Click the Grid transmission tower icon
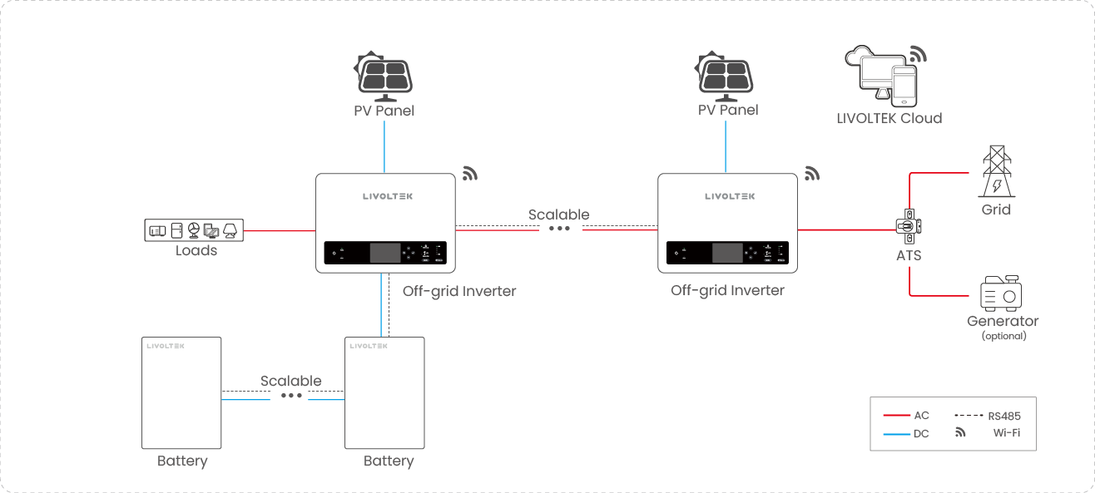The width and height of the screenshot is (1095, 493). [x=996, y=171]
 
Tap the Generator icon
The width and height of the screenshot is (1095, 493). [x=1001, y=293]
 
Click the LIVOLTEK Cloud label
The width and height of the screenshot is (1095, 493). [x=889, y=118]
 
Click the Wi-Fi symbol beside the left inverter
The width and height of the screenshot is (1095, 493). [x=471, y=173]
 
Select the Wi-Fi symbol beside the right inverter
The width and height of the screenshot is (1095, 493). [x=812, y=173]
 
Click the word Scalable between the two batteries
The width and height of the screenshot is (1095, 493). [x=290, y=381]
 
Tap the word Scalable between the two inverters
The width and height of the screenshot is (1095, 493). [x=558, y=214]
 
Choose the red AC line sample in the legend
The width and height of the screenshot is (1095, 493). [x=897, y=415]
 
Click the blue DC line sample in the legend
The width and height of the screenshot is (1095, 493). [x=897, y=433]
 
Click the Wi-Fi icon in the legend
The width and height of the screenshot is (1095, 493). [x=960, y=432]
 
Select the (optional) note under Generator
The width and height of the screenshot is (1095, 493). [x=1003, y=336]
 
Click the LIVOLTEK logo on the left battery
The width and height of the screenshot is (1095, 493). [x=165, y=345]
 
